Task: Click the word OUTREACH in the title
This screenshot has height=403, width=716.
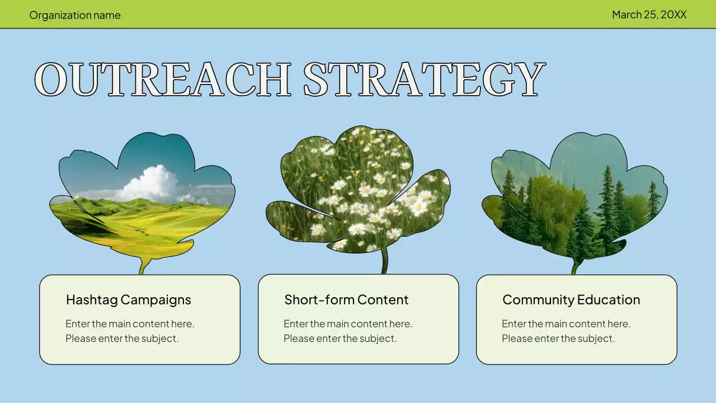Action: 162,79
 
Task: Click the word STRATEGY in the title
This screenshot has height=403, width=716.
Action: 423,79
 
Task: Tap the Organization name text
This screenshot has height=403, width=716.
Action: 75,15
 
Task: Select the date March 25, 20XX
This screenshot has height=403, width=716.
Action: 649,15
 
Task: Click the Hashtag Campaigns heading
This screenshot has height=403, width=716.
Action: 128,300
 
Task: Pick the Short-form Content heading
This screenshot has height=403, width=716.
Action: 346,300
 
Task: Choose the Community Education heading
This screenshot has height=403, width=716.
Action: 571,300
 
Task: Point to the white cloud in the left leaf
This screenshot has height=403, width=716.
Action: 148,183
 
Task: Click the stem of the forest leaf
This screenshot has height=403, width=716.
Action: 574,266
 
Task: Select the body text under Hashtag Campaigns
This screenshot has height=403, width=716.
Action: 130,331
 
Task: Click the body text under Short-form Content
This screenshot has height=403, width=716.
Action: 348,331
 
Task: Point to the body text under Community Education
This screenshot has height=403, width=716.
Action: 566,331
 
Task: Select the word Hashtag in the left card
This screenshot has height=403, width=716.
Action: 91,300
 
